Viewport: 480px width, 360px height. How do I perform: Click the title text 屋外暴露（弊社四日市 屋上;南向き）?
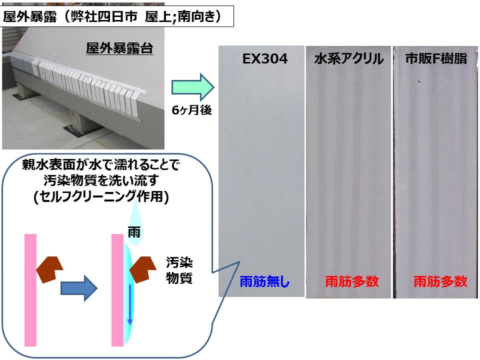tap(112, 16)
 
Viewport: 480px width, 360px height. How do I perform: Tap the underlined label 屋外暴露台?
tap(119, 48)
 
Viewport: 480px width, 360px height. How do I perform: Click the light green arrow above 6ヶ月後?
tap(192, 87)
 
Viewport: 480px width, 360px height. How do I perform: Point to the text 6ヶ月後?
tap(191, 110)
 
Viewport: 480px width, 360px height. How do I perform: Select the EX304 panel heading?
tap(265, 59)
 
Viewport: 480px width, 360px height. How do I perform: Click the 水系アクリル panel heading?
tap(348, 59)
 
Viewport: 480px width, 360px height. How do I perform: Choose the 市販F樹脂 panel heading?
tap(436, 58)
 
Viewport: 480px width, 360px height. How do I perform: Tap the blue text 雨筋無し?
tap(264, 281)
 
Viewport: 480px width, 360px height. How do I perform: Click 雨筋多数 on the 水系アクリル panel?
tap(351, 281)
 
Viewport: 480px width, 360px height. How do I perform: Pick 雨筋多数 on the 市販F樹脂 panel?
tap(440, 281)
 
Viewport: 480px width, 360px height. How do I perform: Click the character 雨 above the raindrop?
tap(134, 232)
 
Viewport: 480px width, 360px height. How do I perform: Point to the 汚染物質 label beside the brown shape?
tap(179, 270)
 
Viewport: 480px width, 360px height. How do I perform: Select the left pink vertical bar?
tap(30, 290)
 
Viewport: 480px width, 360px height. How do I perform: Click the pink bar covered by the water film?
tap(117, 290)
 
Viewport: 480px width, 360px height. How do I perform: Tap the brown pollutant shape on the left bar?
tap(49, 269)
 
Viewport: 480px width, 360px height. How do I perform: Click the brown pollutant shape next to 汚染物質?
tap(142, 269)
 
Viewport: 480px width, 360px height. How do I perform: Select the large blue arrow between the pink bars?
tap(79, 288)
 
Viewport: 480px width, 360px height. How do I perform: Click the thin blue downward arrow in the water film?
tap(130, 304)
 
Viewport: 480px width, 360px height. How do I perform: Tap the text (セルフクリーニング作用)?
tap(101, 196)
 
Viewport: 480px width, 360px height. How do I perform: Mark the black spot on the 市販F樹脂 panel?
tap(419, 81)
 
